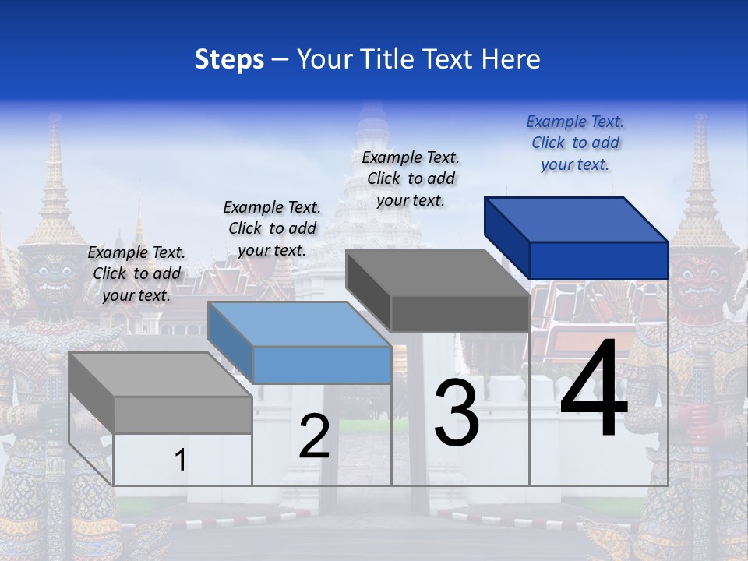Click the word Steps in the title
[228, 59]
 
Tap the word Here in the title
[510, 59]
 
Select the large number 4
[594, 390]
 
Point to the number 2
[315, 436]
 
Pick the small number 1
[181, 460]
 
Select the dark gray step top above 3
[436, 273]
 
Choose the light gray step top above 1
[160, 375]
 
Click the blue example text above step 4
[575, 143]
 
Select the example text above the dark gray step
[411, 178]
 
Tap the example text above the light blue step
[272, 228]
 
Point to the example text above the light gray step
[136, 273]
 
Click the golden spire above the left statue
[55, 179]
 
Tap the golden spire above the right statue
[700, 179]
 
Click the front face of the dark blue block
[598, 260]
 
